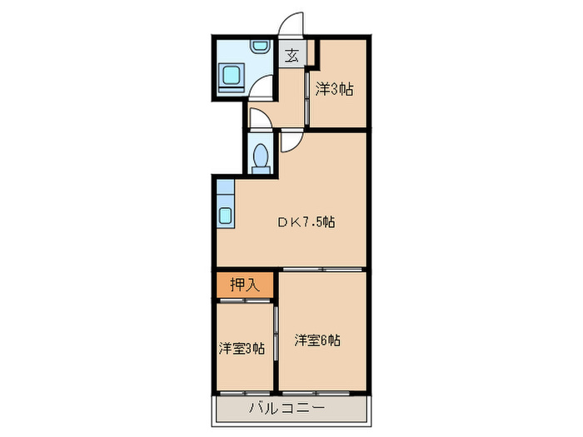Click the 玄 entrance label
(292, 57)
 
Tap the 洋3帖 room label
(333, 88)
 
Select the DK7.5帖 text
(306, 222)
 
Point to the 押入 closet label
(245, 285)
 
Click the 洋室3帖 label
(242, 349)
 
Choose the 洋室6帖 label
(316, 340)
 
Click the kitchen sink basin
(226, 216)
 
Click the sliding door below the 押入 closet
(245, 299)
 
